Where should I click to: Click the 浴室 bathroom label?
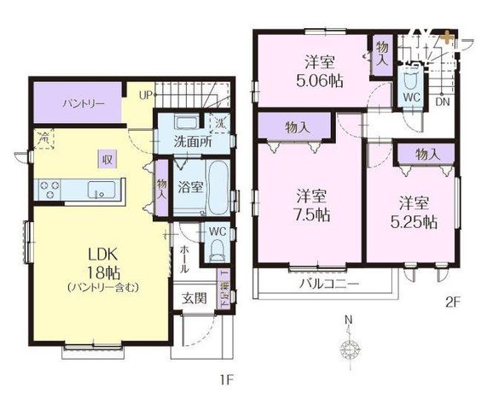pos(190,185)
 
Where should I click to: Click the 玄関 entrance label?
pos(192,298)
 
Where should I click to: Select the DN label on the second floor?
pos(442,102)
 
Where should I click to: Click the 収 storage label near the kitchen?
pos(107,157)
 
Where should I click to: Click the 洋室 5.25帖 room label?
pos(416,212)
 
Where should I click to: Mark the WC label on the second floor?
pos(409,97)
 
